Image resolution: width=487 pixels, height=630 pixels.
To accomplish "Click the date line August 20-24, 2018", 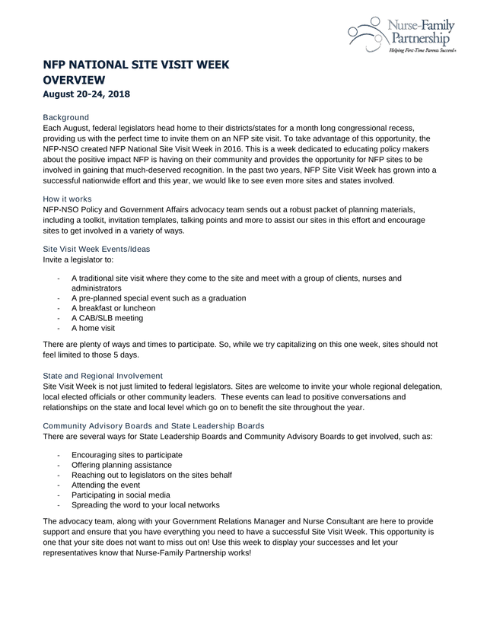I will (x=87, y=95).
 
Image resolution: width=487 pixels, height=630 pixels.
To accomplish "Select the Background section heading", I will (x=66, y=117).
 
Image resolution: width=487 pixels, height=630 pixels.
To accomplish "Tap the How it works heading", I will (x=68, y=199).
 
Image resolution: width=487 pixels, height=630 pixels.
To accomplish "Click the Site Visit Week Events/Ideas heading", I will (x=97, y=249).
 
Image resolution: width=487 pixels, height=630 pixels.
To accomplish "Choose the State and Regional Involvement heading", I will (x=103, y=376).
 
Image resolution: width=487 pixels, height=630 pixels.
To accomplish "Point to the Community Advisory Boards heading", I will (x=154, y=425).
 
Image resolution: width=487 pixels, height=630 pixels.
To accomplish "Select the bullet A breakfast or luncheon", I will (x=113, y=308).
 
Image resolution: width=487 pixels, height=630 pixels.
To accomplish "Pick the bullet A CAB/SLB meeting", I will (x=107, y=318).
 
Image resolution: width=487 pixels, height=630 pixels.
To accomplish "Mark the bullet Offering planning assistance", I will (x=122, y=465).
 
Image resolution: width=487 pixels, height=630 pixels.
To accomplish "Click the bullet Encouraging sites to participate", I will (x=126, y=455).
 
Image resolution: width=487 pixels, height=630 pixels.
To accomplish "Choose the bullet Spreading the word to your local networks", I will (x=145, y=504).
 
